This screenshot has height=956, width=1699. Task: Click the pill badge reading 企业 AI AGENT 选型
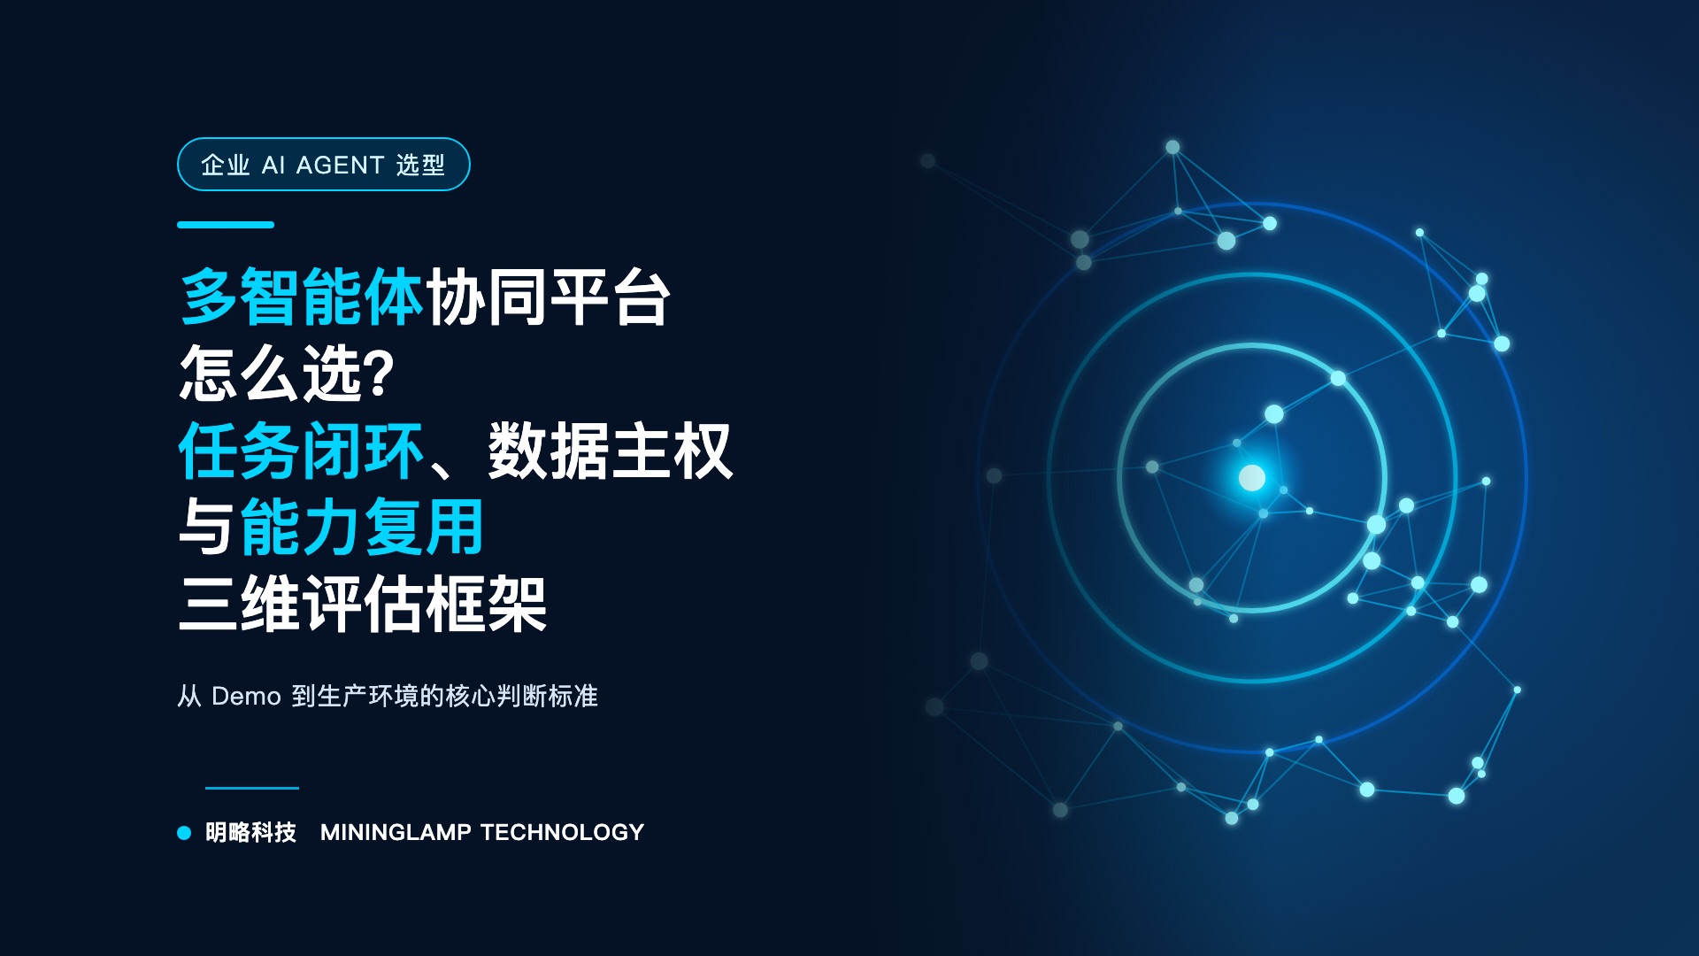[323, 165]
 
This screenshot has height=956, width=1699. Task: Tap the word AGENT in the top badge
[340, 166]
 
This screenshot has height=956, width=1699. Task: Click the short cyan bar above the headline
[226, 225]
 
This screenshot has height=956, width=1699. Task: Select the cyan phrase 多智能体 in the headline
[302, 297]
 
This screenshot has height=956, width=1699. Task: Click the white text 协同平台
[549, 297]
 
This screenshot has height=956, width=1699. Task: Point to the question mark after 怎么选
[379, 374]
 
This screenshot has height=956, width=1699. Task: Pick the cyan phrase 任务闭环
[302, 451]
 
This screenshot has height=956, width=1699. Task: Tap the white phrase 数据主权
[611, 451]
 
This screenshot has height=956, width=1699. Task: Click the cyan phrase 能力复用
[362, 528]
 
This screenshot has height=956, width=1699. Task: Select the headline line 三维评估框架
[363, 605]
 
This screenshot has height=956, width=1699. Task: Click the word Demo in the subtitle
[246, 697]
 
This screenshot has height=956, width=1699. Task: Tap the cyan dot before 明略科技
[184, 832]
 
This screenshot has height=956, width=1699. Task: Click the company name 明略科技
[251, 832]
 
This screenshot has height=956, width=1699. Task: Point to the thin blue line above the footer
[252, 787]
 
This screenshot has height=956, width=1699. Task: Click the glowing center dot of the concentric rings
[1252, 478]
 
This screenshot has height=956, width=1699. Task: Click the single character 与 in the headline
[209, 528]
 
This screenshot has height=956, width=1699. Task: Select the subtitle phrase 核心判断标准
[522, 697]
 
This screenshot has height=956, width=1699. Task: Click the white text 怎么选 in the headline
[271, 374]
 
